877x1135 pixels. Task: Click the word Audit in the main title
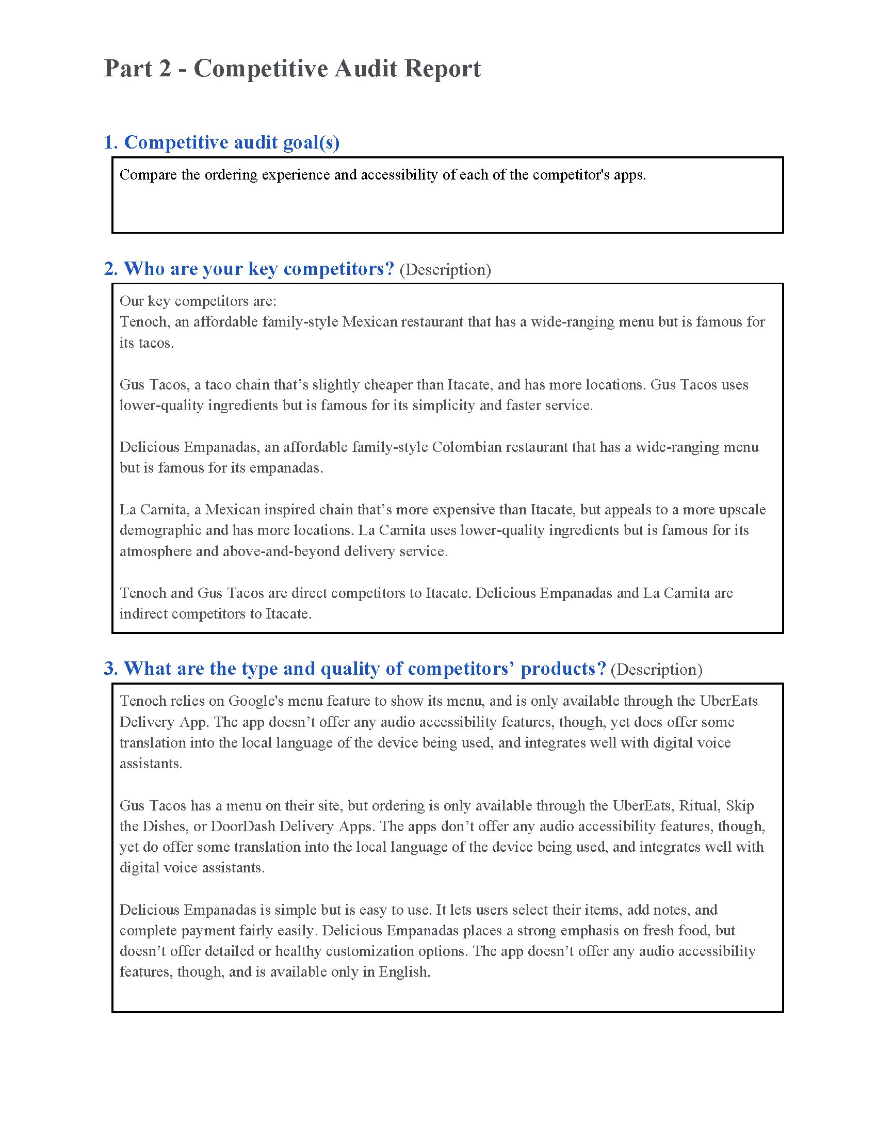pos(365,69)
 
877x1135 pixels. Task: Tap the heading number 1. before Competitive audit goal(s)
pos(111,142)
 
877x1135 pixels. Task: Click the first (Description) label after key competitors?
pos(445,270)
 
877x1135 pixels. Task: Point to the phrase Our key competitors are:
pos(198,301)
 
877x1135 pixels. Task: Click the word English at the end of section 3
pos(404,972)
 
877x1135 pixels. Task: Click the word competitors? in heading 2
pos(339,269)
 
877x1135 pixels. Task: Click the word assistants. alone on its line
pos(151,764)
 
